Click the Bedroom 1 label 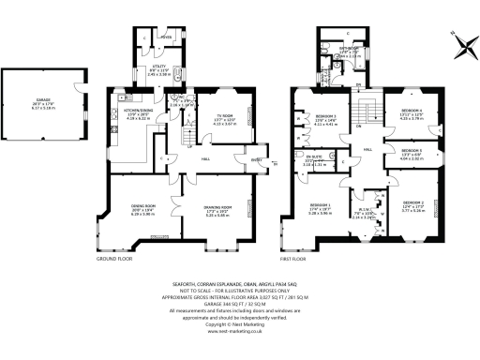click(x=320, y=208)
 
